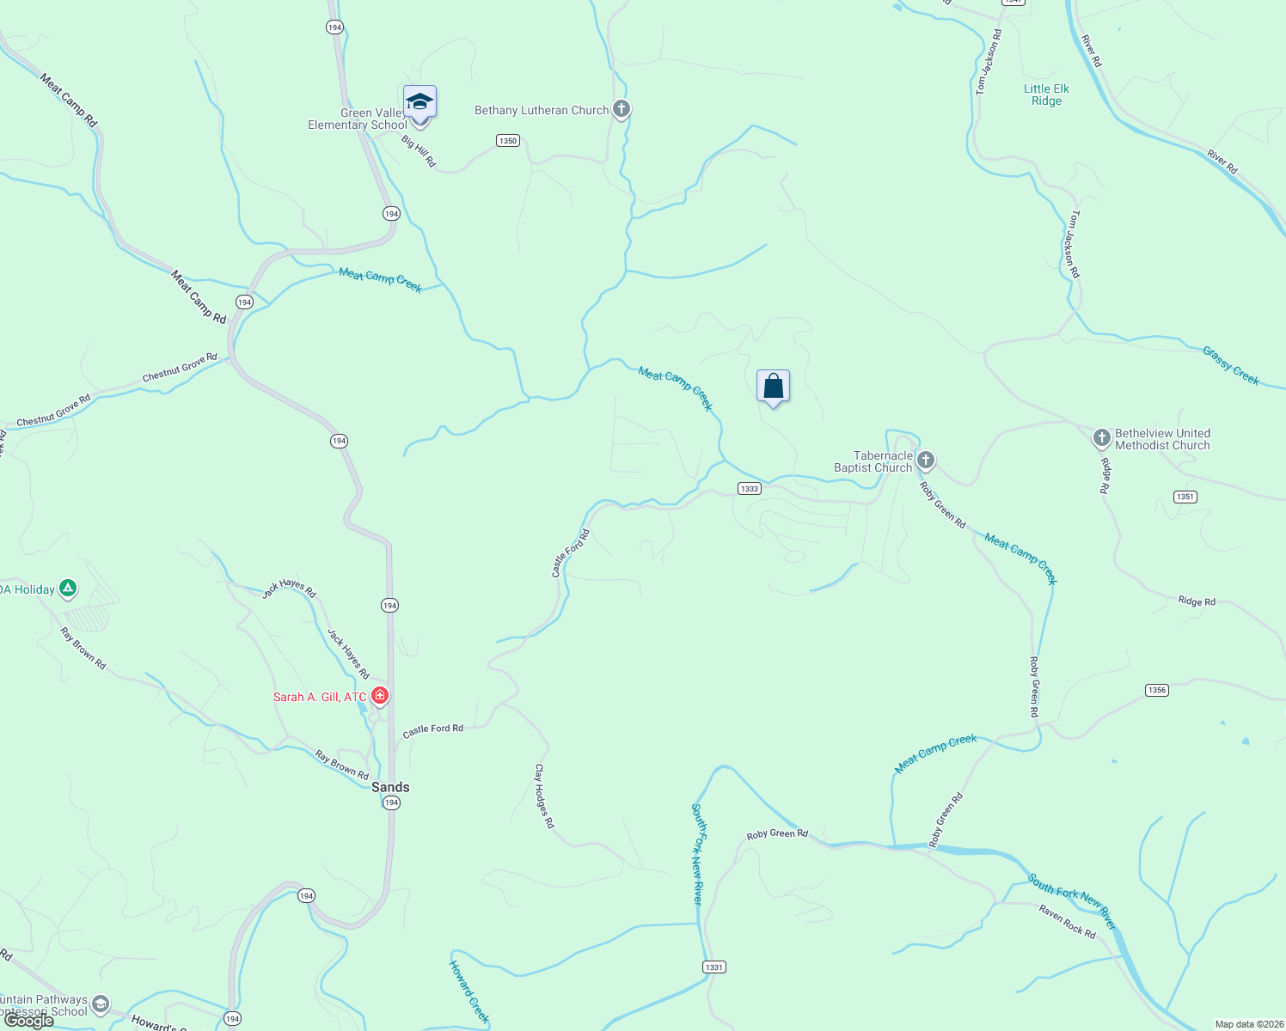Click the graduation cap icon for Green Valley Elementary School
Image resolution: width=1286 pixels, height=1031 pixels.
(x=419, y=102)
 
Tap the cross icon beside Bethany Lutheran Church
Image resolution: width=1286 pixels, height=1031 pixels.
(x=622, y=110)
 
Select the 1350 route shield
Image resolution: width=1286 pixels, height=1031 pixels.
(x=508, y=141)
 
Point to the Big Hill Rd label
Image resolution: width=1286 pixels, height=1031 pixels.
(x=419, y=151)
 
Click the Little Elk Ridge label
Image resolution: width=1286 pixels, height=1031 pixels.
(x=1046, y=95)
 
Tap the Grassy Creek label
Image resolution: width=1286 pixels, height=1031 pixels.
(x=1231, y=366)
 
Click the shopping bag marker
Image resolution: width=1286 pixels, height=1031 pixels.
(x=773, y=387)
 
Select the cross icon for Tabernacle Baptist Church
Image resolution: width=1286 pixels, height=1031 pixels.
(x=925, y=461)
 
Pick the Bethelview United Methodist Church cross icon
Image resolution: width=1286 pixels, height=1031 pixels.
(x=1101, y=438)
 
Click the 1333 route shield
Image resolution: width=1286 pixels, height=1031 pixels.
(x=750, y=489)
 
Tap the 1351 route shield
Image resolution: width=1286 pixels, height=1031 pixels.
(x=1185, y=497)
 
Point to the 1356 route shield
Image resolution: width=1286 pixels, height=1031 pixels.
(x=1157, y=690)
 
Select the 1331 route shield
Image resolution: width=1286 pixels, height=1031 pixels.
(x=713, y=967)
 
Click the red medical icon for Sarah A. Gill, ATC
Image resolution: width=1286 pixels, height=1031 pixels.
(x=379, y=695)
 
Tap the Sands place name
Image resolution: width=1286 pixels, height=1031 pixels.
(x=390, y=787)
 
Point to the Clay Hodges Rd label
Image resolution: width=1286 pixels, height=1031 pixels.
(x=544, y=796)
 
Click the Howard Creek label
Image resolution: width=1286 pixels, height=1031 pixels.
(x=469, y=991)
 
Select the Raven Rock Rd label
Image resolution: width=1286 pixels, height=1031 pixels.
(x=1067, y=922)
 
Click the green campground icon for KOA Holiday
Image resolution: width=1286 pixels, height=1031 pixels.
(x=68, y=589)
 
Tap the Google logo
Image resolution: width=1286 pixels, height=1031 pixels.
(x=28, y=1021)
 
